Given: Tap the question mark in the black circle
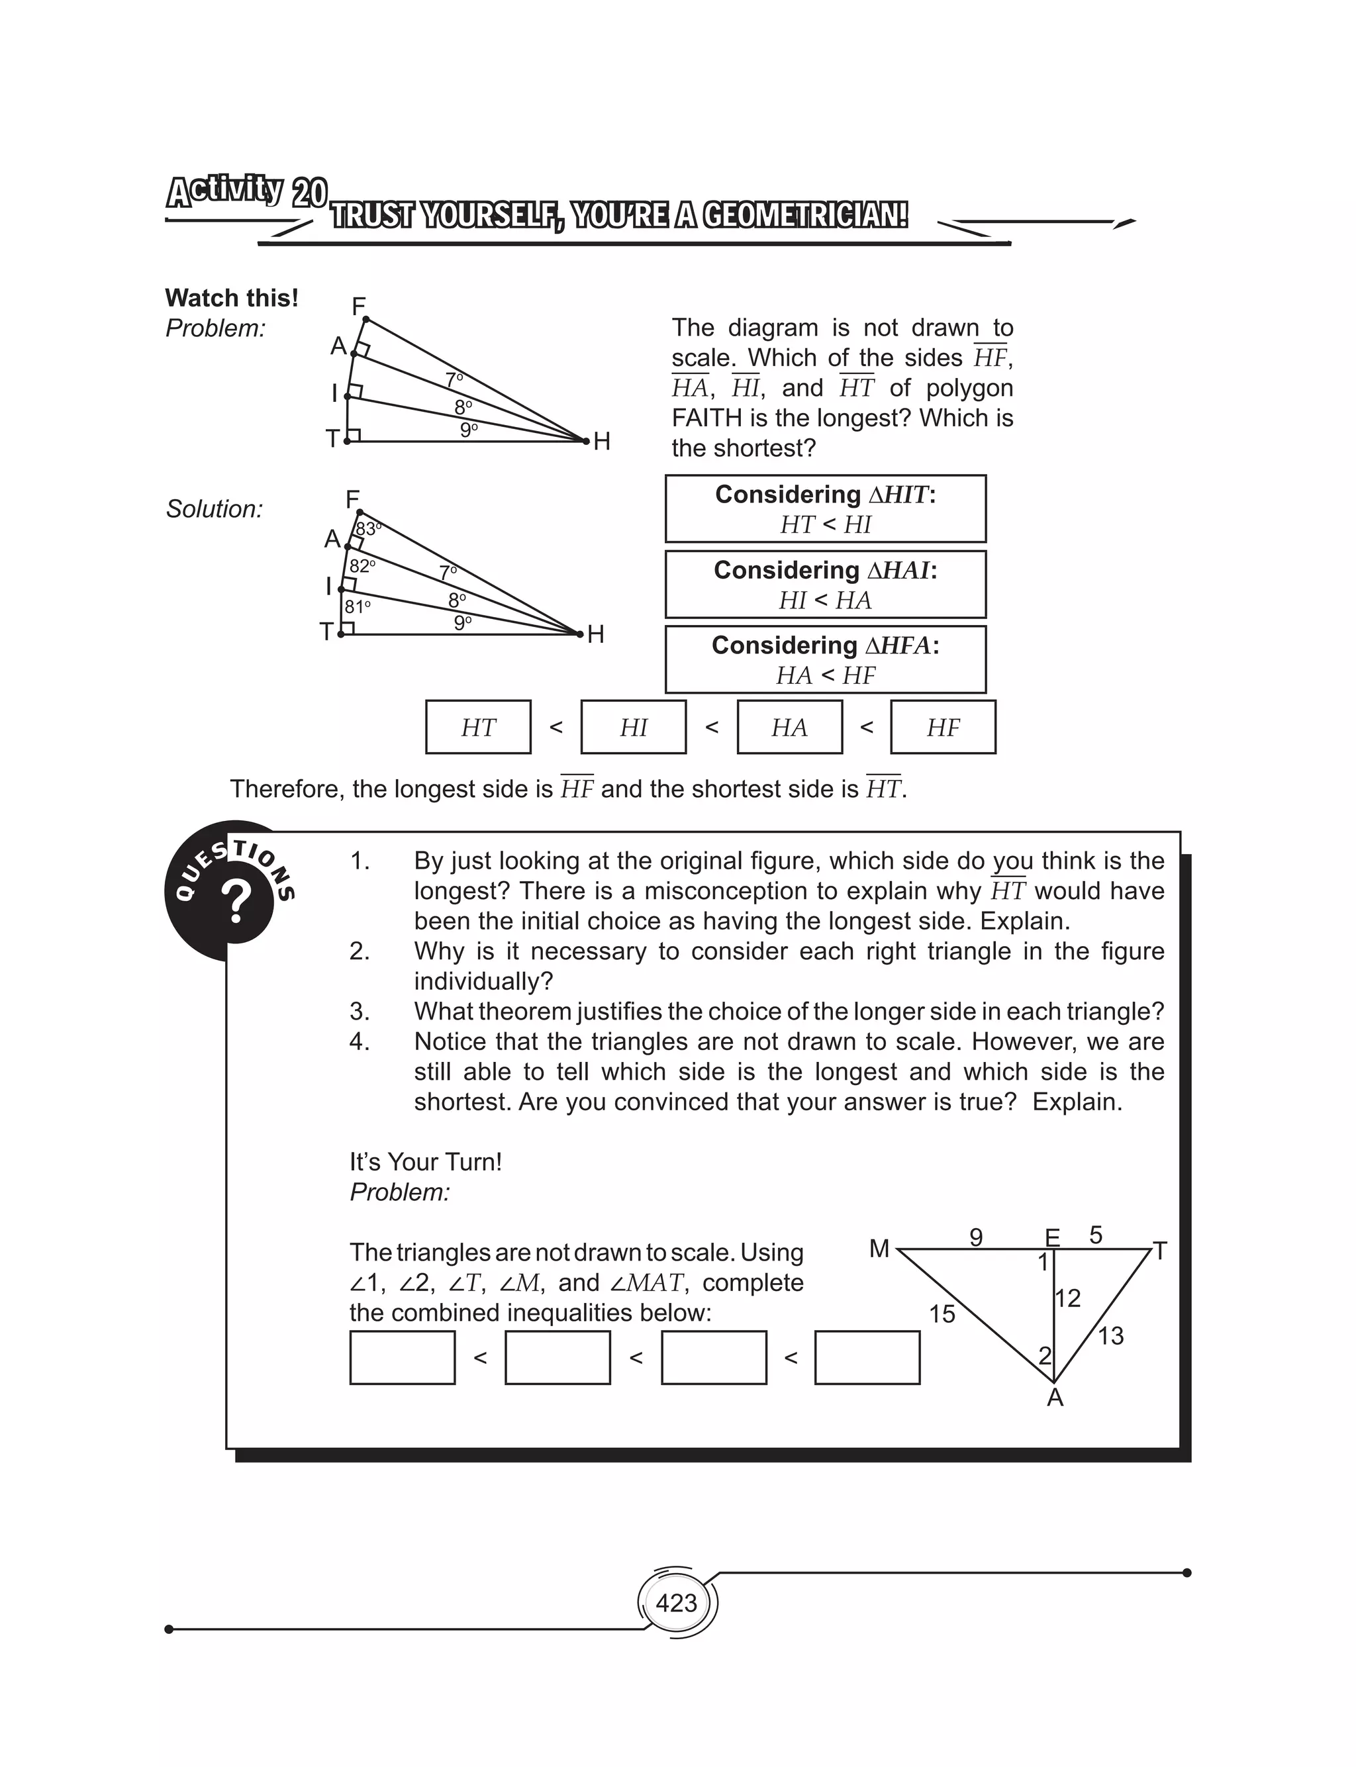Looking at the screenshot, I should tap(236, 902).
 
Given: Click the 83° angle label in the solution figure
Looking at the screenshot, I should tap(368, 529).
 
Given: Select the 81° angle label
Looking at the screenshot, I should tap(358, 606).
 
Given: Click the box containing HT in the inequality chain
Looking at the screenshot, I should tap(478, 727).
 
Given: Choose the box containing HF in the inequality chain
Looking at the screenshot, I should tap(943, 727).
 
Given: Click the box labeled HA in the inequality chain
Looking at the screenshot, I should tap(789, 727).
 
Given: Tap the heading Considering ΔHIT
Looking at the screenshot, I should tap(825, 494).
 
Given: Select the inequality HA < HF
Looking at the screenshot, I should tap(825, 675).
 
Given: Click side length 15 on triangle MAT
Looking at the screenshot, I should tap(941, 1314).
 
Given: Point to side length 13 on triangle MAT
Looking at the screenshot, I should tap(1110, 1336).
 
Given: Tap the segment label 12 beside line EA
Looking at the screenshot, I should tap(1068, 1298).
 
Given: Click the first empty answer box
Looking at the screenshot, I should tap(402, 1358).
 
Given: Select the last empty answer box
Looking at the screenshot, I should tap(867, 1358).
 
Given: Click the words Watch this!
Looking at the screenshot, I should tap(232, 298).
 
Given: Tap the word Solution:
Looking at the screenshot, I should tap(215, 509).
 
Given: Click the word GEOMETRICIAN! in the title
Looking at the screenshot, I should tap(804, 216).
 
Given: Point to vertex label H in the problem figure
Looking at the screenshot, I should tap(601, 442).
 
